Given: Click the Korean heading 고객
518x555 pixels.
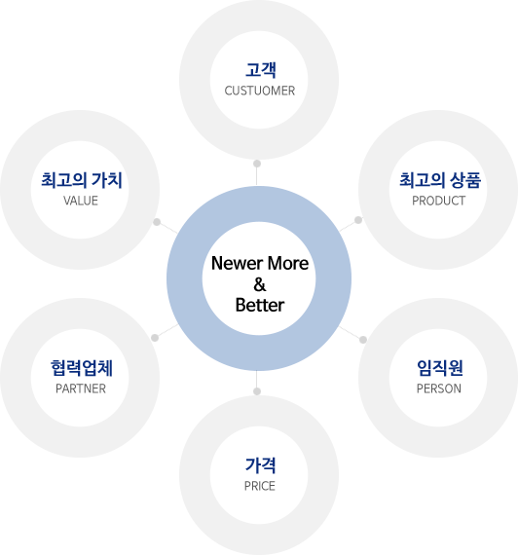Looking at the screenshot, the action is tap(260, 70).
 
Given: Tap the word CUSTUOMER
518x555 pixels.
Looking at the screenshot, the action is tap(260, 91).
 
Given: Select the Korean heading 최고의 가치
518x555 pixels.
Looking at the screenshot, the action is tap(82, 180).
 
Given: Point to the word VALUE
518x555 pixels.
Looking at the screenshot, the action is tap(81, 201).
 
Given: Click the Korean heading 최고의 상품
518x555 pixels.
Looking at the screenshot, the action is tap(440, 180).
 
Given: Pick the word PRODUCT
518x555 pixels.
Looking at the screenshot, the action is tap(439, 201).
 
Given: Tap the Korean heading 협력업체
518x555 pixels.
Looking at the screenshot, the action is tap(82, 368).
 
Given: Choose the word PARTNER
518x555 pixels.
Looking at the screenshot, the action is tap(81, 388).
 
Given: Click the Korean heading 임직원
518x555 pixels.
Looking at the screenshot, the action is tap(440, 368).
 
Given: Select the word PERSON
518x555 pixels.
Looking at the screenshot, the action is tap(439, 388).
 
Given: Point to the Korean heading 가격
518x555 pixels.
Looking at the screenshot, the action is tap(260, 465).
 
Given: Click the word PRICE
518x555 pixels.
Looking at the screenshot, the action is tap(260, 486).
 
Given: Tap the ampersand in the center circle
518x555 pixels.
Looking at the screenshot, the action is tap(260, 284).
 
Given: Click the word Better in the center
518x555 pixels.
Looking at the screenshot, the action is tap(260, 305).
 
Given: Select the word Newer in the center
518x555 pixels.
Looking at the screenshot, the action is tap(237, 263).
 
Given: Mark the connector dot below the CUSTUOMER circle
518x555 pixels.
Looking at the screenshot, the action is tap(257, 164).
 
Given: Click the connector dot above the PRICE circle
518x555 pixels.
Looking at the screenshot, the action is tap(257, 391).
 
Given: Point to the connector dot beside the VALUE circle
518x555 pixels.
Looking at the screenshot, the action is tap(157, 222).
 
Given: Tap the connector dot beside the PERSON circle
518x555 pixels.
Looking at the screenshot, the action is tap(363, 340).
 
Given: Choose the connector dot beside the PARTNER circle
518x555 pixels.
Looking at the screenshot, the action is tap(155, 338).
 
